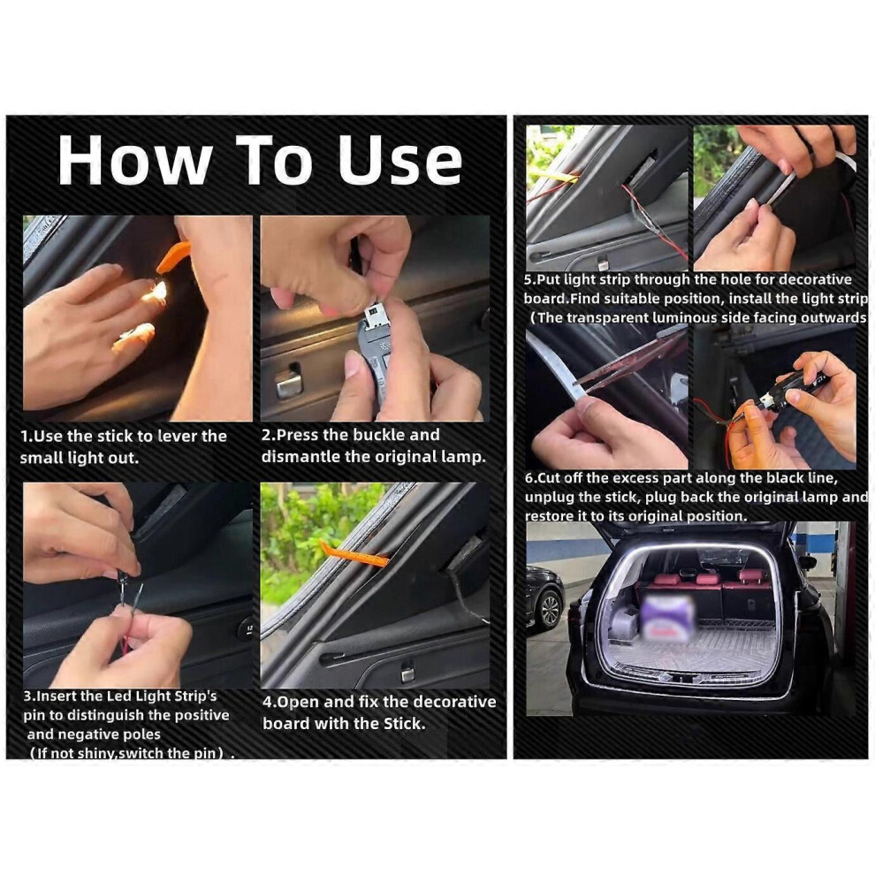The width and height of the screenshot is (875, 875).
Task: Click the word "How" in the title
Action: point(135,160)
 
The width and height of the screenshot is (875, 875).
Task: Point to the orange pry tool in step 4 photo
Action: point(354,553)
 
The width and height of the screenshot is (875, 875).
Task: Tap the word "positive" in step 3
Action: point(200,715)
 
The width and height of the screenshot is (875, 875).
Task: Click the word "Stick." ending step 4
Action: point(405,724)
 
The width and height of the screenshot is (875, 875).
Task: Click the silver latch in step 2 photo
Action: point(288,382)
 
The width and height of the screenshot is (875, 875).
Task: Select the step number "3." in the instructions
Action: point(29,696)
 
